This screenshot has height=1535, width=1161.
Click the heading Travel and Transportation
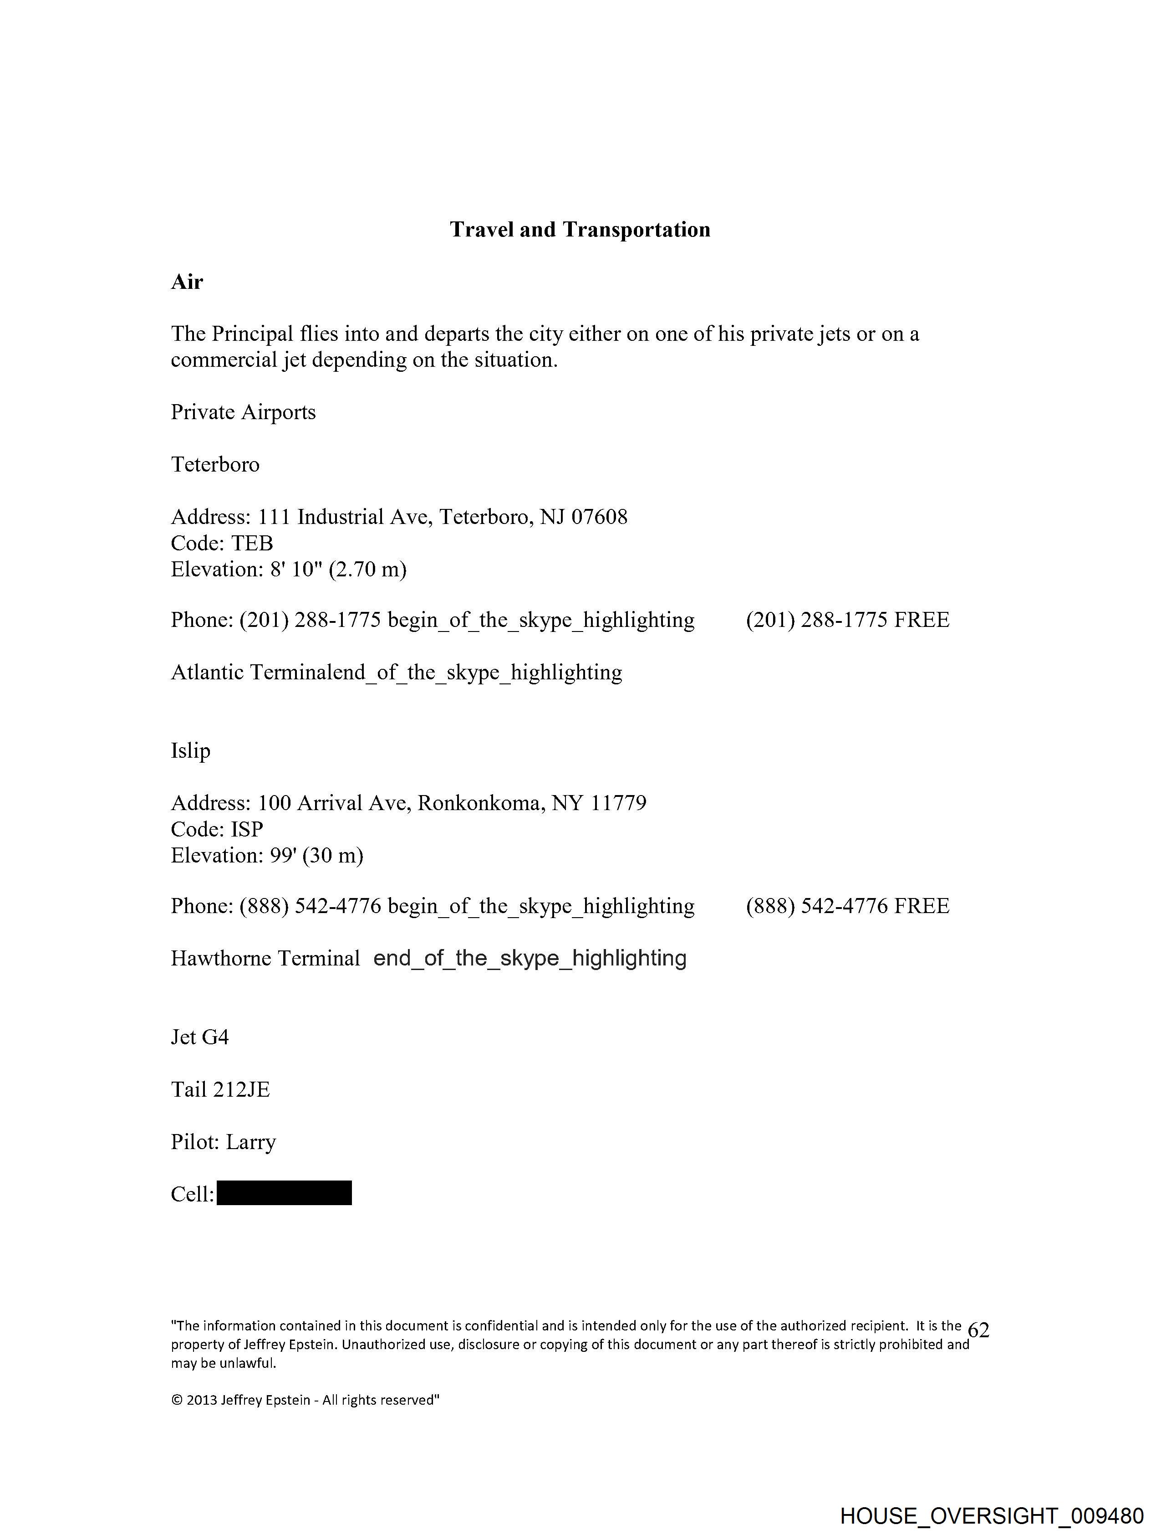[x=580, y=230]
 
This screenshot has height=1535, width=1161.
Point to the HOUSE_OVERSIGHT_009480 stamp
[x=992, y=1515]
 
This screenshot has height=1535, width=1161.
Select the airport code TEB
[x=252, y=544]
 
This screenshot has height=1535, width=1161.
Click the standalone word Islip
[x=191, y=751]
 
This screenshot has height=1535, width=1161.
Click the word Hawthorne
[x=220, y=958]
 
